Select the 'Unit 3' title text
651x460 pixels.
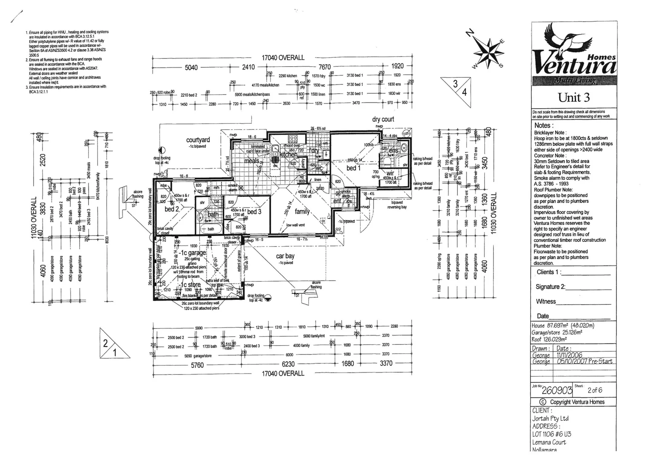point(574,98)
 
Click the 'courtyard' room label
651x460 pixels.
point(198,140)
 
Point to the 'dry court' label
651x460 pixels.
point(383,119)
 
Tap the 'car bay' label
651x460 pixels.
point(285,256)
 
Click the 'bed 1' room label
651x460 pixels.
point(354,168)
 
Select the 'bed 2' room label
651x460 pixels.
point(172,209)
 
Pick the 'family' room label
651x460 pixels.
point(302,211)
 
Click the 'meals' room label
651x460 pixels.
point(251,161)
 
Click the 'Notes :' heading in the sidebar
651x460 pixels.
point(544,125)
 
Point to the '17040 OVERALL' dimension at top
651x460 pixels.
point(283,57)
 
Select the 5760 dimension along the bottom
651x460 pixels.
point(197,365)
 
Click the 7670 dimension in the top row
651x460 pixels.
point(325,67)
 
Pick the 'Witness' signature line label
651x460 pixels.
point(546,301)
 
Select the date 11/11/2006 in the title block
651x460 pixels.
point(569,355)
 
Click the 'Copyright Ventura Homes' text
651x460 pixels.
point(576,402)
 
